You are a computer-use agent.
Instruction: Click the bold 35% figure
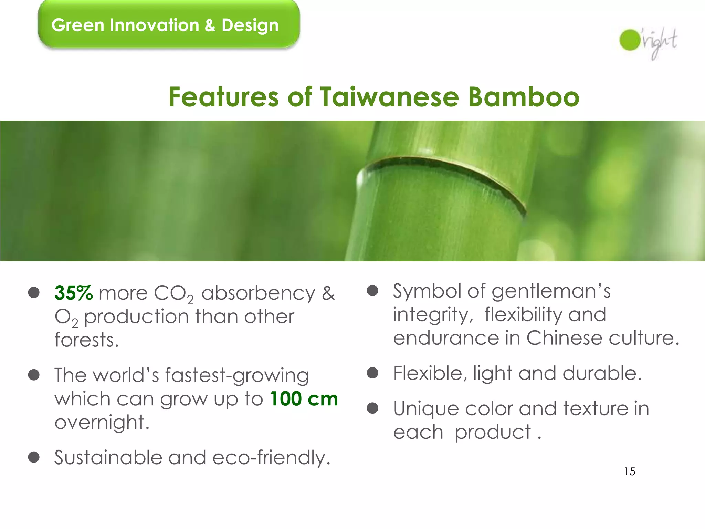pos(73,293)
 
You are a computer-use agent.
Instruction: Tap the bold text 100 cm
pos(304,399)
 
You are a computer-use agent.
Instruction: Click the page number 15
pos(630,471)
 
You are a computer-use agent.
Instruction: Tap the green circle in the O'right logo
pos(630,40)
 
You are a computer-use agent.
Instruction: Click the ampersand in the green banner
pos(210,25)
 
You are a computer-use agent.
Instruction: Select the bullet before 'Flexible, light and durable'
pos(372,373)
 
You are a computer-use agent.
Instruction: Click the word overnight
pos(102,423)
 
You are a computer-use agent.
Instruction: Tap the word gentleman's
pos(551,291)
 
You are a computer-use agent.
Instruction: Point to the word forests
pos(86,340)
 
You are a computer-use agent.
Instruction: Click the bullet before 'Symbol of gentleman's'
pos(372,291)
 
